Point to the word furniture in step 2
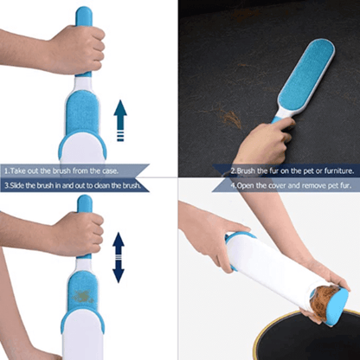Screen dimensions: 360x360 pos(331,170)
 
